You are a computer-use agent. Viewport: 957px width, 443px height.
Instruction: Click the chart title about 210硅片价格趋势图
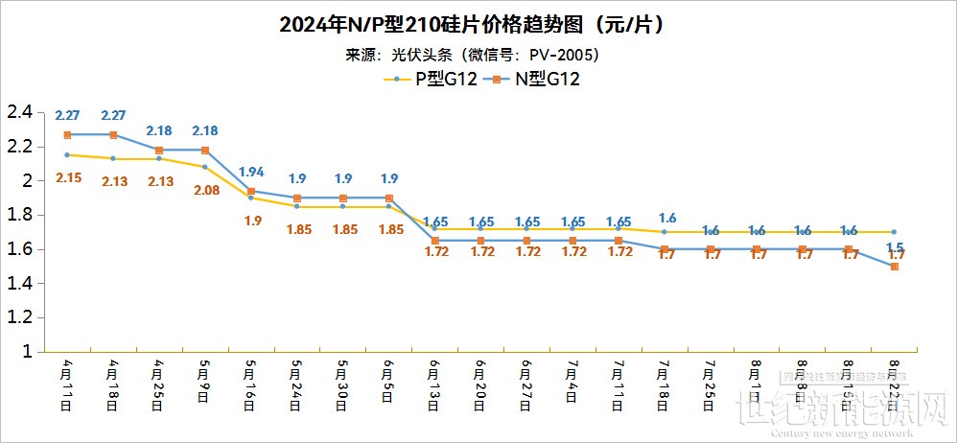[x=478, y=24]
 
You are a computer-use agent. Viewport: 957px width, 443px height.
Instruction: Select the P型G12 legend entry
[x=431, y=80]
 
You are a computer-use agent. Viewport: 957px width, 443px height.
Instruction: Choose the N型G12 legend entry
[x=534, y=80]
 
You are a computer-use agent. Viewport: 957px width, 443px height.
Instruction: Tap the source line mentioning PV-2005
[x=478, y=54]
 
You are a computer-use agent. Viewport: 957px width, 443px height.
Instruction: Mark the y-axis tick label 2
[x=27, y=180]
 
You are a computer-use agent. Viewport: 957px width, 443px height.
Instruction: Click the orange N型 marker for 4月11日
[x=67, y=135]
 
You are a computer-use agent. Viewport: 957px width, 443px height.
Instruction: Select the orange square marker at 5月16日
[x=251, y=192]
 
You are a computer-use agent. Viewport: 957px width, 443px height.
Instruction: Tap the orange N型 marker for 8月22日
[x=895, y=267]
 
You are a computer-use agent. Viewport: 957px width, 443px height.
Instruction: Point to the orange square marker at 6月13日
[x=435, y=241]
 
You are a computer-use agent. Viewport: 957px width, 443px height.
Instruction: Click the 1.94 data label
[x=251, y=172]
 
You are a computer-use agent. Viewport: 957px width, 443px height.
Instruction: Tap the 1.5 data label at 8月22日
[x=895, y=247]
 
